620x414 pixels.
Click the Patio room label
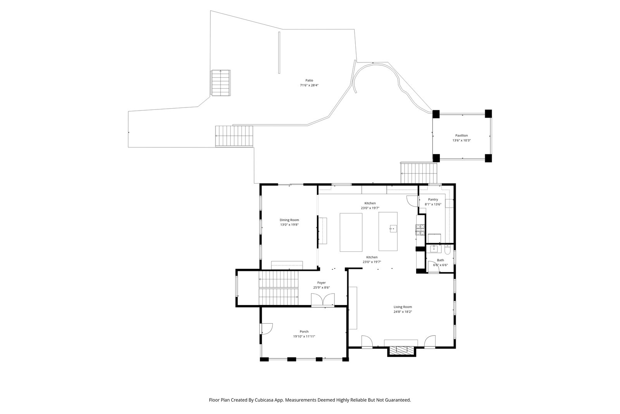pyautogui.click(x=309, y=80)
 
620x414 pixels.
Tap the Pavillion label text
pyautogui.click(x=462, y=135)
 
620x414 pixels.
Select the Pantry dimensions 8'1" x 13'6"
pyautogui.click(x=433, y=204)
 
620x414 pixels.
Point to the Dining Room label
pyautogui.click(x=289, y=220)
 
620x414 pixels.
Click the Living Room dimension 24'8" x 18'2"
pyautogui.click(x=403, y=312)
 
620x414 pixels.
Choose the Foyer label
pyautogui.click(x=321, y=282)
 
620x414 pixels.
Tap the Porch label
pyautogui.click(x=304, y=331)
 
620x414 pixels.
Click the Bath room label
pyautogui.click(x=440, y=260)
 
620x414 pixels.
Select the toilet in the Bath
pyautogui.click(x=448, y=249)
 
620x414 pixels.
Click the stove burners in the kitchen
pyautogui.click(x=420, y=230)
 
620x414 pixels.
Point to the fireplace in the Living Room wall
pyautogui.click(x=401, y=351)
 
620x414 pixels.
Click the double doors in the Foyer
pyautogui.click(x=323, y=300)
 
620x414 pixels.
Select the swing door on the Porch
pyautogui.click(x=266, y=329)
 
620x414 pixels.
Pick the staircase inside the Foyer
pyautogui.click(x=279, y=288)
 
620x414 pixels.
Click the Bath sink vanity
pyautogui.click(x=434, y=249)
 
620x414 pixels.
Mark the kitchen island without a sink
pyautogui.click(x=351, y=232)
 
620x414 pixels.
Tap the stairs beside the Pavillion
pyautogui.click(x=418, y=173)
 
